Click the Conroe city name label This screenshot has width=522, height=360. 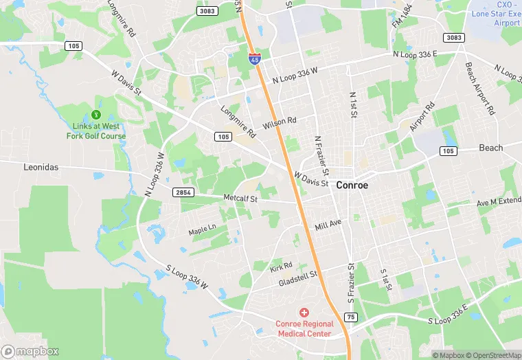[x=352, y=185]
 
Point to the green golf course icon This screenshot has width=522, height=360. [x=96, y=114]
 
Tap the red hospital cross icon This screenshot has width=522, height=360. [x=304, y=313]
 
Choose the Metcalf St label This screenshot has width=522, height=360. [x=240, y=199]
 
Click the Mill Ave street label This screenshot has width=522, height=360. [x=328, y=225]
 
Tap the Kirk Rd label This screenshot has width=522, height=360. [x=281, y=265]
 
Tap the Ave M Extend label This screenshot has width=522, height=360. [x=499, y=203]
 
